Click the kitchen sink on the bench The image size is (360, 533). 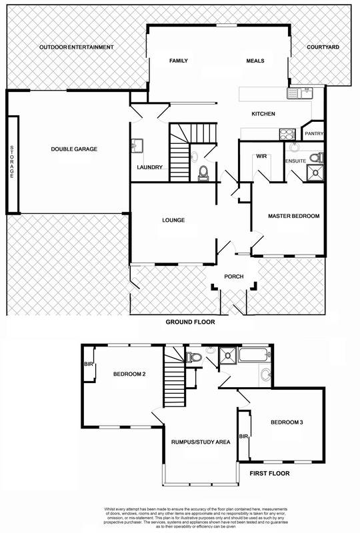[300, 93]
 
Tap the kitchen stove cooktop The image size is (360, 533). [287, 132]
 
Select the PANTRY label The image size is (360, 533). [313, 134]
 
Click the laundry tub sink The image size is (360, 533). [137, 145]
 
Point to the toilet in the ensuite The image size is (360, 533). [321, 157]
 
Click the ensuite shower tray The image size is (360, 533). [312, 173]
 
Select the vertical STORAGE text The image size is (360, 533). [11, 160]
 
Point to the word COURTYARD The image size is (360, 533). [323, 48]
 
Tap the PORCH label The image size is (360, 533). [233, 277]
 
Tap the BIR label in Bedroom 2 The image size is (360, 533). [88, 365]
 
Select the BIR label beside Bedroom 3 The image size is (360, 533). [243, 436]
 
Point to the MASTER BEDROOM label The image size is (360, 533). [294, 216]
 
